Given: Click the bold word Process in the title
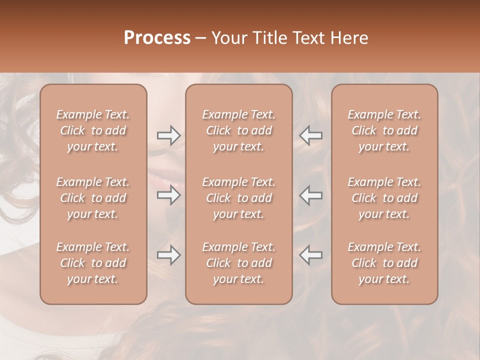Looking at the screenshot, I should [x=157, y=37].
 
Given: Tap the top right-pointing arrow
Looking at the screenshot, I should [x=168, y=135].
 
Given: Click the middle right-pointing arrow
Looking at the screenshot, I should [x=168, y=194].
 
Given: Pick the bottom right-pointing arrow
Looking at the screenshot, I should [x=168, y=255].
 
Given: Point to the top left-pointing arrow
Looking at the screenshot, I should [x=310, y=135].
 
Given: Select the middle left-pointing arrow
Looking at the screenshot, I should [x=310, y=194].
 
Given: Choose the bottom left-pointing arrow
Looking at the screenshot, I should [x=310, y=255].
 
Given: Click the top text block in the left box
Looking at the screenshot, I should [x=93, y=130].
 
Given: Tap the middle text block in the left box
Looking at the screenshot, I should [x=93, y=198].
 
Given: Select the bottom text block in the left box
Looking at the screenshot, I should [x=93, y=263].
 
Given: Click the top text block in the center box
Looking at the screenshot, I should [x=239, y=130].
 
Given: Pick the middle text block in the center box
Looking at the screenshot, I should [x=239, y=198].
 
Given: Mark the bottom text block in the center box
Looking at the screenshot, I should [x=239, y=263].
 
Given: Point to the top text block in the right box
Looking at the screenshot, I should [x=384, y=130].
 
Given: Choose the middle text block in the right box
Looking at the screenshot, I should [x=384, y=198].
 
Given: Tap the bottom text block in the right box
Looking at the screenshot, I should [x=384, y=263].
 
